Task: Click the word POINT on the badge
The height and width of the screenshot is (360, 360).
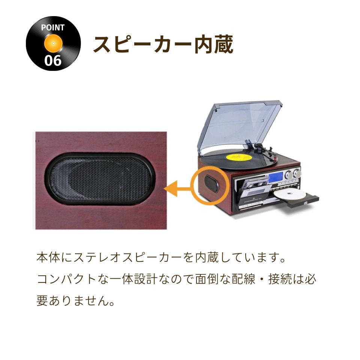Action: (x=53, y=27)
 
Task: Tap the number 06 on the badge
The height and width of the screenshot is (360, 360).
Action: (x=53, y=61)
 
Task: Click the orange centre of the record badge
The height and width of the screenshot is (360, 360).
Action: (x=53, y=43)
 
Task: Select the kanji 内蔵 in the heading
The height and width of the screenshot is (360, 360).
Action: (x=214, y=44)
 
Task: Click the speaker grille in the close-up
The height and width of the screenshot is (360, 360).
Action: (x=100, y=179)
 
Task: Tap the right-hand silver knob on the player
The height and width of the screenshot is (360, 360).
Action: (x=297, y=173)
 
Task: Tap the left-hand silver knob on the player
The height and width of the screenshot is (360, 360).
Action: (x=289, y=175)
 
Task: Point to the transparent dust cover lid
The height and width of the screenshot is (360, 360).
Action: (x=240, y=126)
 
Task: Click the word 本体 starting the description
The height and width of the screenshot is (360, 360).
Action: (x=48, y=257)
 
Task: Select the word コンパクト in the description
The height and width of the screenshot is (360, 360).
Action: (x=66, y=279)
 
